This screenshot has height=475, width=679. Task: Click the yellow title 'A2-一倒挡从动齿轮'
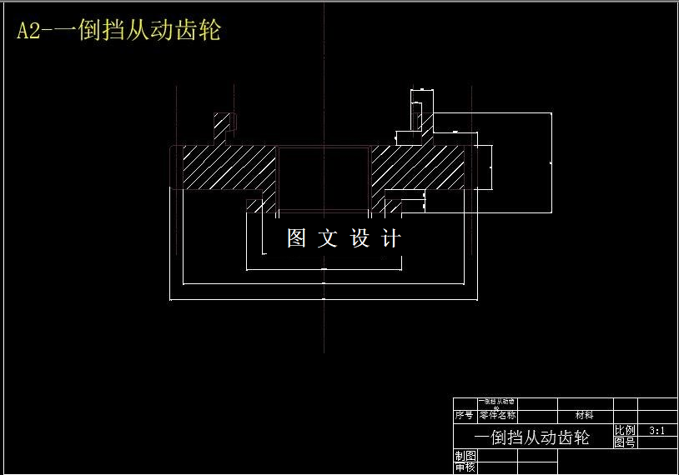coord(119,32)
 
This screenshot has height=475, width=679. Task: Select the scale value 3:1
coord(656,431)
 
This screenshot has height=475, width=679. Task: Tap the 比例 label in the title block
coord(625,430)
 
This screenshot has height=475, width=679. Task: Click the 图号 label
coord(625,442)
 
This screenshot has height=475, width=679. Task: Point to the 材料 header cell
coord(585,414)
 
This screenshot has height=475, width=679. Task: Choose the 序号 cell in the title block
coord(465,414)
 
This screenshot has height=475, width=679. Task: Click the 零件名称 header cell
coord(497,414)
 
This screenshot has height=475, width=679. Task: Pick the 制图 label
coord(465,455)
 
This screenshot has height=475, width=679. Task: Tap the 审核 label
coord(465,467)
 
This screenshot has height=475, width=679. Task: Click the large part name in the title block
coord(532,437)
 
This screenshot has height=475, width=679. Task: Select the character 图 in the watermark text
coord(298,238)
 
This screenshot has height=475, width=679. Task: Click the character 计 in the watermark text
coord(390,238)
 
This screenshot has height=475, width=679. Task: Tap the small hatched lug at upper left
coord(222,125)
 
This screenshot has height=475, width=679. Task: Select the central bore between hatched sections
coord(324,175)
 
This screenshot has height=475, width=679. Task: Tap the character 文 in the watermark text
coord(328,238)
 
